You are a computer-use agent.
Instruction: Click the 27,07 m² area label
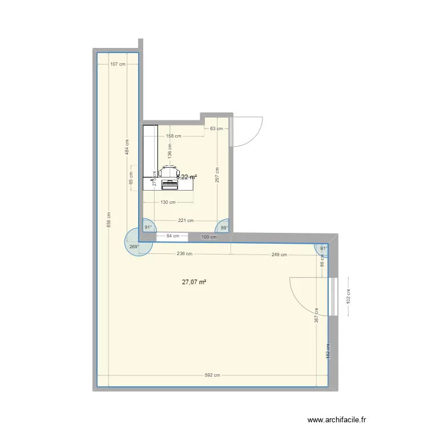pos(194,281)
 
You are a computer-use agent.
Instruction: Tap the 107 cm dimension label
pos(118,64)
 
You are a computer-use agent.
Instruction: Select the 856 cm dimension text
pos(109,219)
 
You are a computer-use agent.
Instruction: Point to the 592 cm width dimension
pos(212,375)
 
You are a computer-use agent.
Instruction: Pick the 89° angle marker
pos(224,228)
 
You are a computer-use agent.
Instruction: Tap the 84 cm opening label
pos(172,236)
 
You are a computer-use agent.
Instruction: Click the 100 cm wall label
pos(209,236)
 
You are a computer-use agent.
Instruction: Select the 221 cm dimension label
pos(186,221)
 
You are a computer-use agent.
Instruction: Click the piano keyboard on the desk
pos(169,184)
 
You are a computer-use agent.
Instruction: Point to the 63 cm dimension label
pos(216,128)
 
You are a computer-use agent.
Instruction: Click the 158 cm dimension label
pos(173,136)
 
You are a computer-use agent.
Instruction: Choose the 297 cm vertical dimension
pos(217,173)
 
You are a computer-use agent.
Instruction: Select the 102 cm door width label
pos(349,296)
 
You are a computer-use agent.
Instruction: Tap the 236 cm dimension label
pos(184,255)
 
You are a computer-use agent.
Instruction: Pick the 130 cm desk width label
pos(168,202)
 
